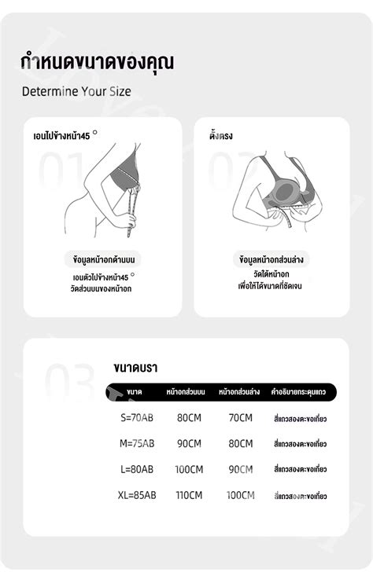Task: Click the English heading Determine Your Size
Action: point(76,90)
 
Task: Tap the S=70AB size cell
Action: point(138,418)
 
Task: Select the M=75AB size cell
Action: point(138,443)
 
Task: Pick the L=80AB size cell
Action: point(138,469)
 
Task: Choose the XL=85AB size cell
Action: point(138,495)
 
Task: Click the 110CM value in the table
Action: point(189,495)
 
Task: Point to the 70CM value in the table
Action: point(240,418)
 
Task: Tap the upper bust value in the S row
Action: point(189,418)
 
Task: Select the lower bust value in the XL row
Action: point(240,495)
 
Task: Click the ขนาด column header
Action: point(134,391)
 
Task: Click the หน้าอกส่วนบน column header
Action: point(186,391)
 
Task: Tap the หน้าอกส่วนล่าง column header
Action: point(239,391)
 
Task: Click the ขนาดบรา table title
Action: point(136,366)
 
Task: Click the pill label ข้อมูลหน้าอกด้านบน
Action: point(102,259)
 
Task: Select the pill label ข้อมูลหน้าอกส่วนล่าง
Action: point(272,259)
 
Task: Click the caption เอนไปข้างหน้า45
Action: point(57,136)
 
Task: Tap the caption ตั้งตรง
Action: point(222,136)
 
